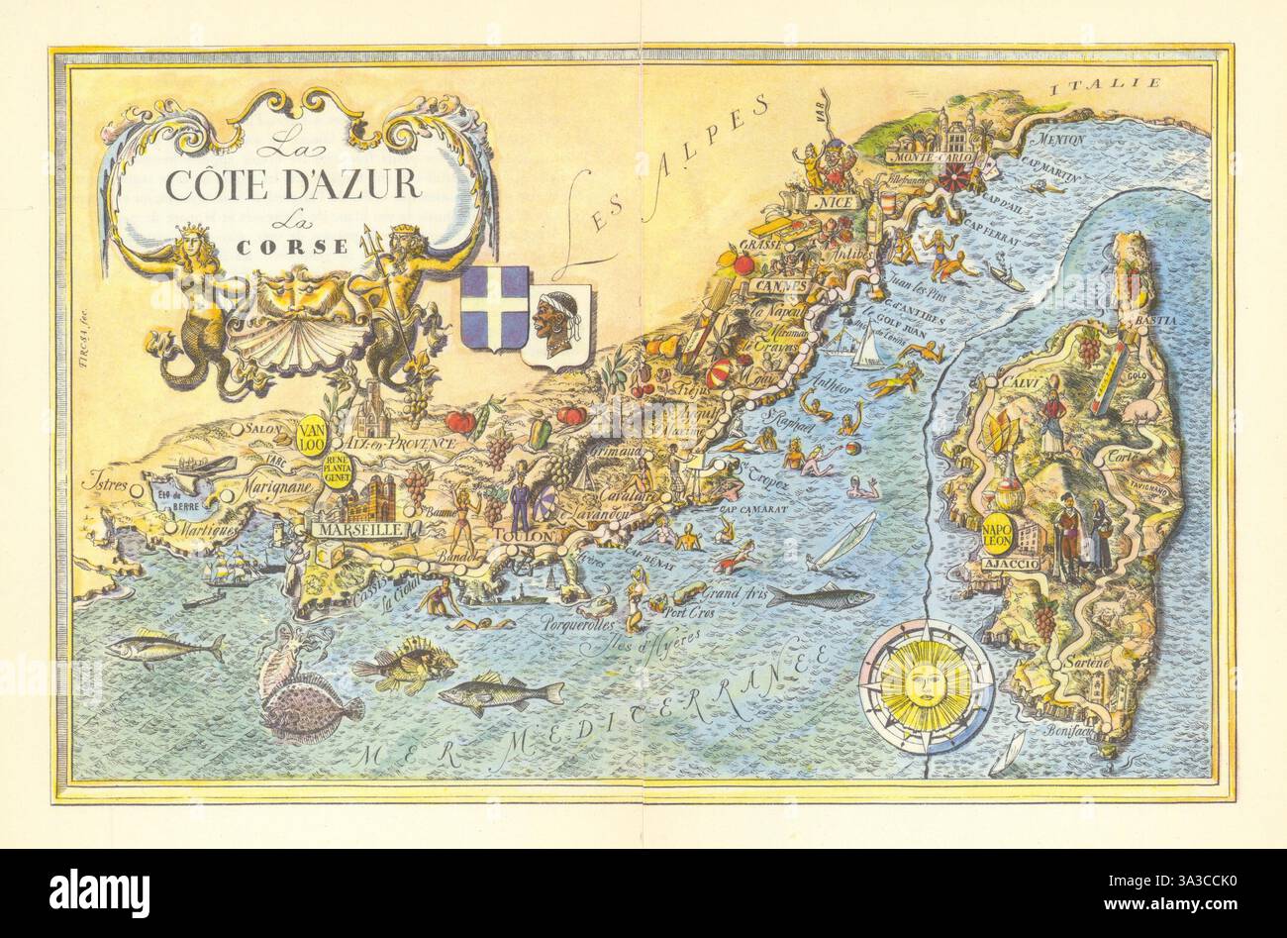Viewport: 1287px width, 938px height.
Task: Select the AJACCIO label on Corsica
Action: tap(1009, 564)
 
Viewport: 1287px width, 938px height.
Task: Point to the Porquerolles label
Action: tap(577, 626)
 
